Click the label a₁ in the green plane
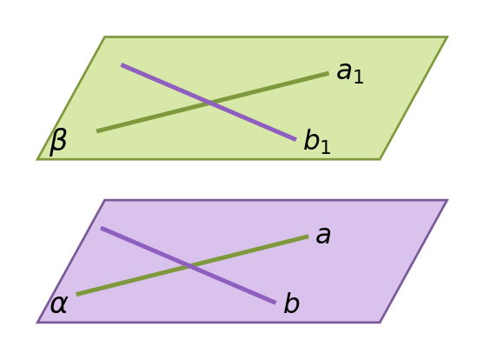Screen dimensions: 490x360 click(x=350, y=72)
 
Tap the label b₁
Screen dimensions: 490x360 click(x=317, y=141)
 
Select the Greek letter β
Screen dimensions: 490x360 click(x=58, y=143)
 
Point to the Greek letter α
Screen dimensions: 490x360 click(x=58, y=304)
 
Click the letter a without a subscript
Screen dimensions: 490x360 click(x=323, y=235)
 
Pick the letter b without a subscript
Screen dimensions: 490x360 click(x=292, y=303)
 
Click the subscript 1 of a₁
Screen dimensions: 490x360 click(x=359, y=77)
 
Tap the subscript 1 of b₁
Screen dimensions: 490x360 click(x=326, y=146)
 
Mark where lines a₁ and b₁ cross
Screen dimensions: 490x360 click(x=211, y=103)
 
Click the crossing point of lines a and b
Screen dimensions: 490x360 click(x=190, y=266)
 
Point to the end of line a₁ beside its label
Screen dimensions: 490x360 click(x=328, y=74)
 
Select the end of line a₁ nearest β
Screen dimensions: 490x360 click(x=97, y=131)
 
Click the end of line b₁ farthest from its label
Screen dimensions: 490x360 click(x=122, y=64)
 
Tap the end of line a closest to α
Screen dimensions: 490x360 click(x=76, y=294)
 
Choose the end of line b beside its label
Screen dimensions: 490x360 click(x=275, y=303)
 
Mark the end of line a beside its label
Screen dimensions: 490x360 click(x=308, y=237)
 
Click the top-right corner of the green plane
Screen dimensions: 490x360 click(x=447, y=37)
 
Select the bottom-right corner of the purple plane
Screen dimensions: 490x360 click(x=380, y=322)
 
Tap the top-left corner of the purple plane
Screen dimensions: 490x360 click(x=104, y=200)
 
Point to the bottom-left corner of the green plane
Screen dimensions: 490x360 click(x=37, y=159)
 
